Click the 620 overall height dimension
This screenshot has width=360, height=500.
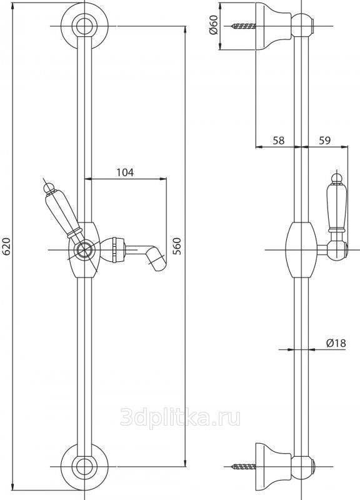coord(7,246)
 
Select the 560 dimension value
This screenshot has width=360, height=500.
coord(176,246)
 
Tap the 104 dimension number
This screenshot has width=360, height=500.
coord(125,172)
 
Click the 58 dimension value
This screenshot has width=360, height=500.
coord(278,140)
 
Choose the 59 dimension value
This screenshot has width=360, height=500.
coord(324,140)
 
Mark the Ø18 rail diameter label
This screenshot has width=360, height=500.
coord(336,343)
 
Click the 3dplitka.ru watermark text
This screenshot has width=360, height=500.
coord(180,417)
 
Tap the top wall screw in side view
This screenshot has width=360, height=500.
coord(244,26)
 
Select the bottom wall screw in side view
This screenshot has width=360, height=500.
coord(244,467)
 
